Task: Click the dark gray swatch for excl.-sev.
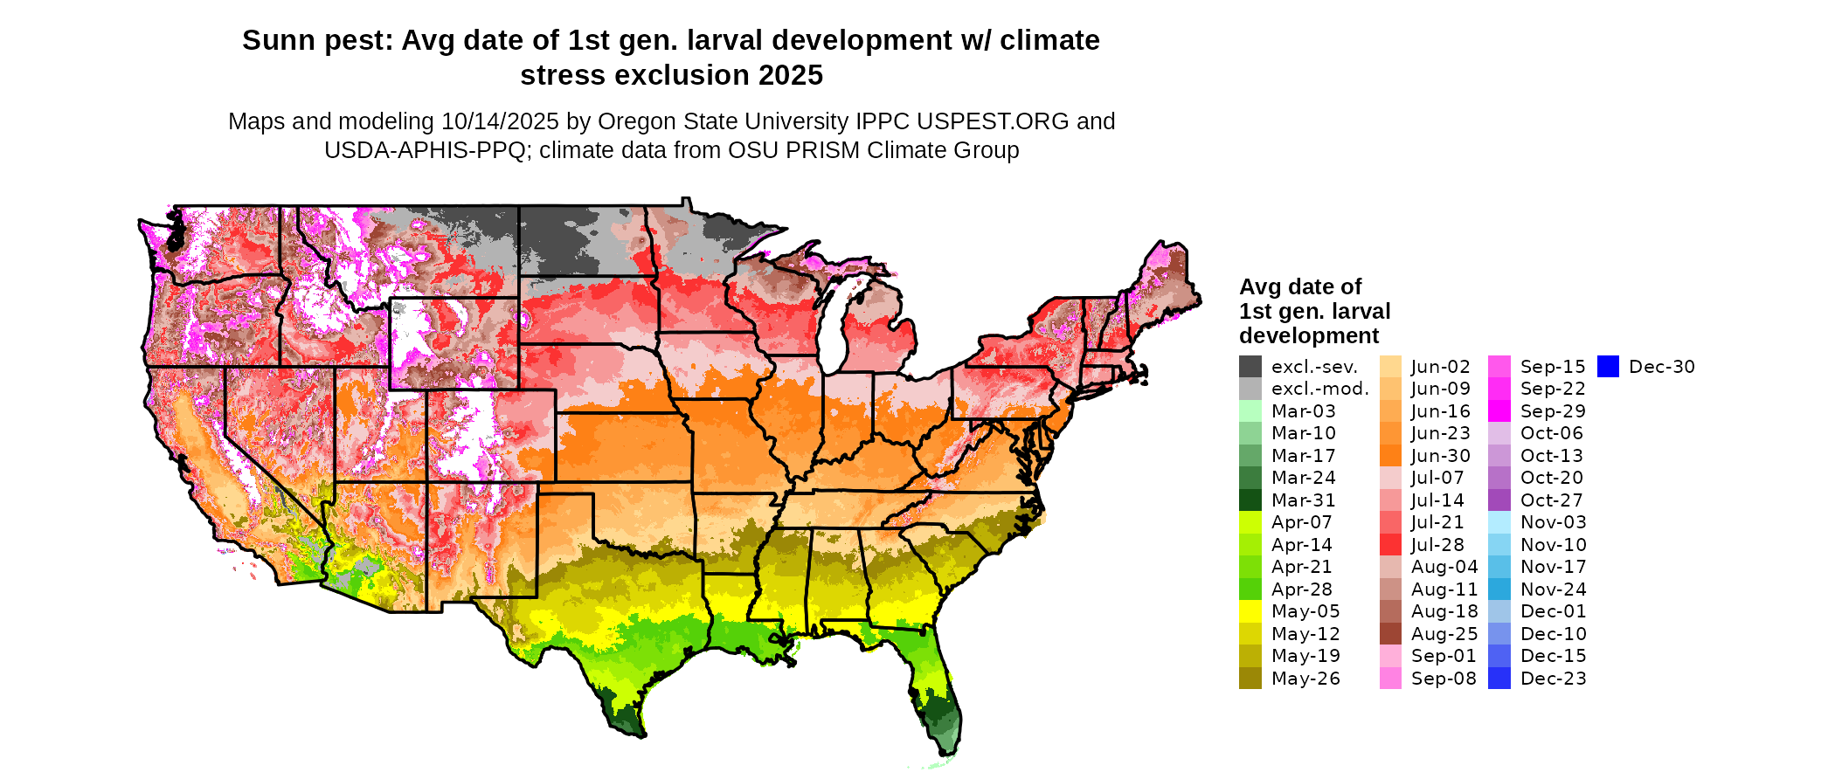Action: pyautogui.click(x=1250, y=367)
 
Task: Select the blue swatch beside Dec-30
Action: pyautogui.click(x=1608, y=367)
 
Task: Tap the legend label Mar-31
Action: pyautogui.click(x=1303, y=500)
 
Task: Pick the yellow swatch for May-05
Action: pyautogui.click(x=1250, y=611)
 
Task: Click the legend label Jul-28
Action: pyautogui.click(x=1437, y=545)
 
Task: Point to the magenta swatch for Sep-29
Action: pyautogui.click(x=1499, y=411)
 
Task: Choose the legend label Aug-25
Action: pyautogui.click(x=1444, y=634)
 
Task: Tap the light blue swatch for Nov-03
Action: pyautogui.click(x=1499, y=522)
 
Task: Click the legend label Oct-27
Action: pyautogui.click(x=1551, y=500)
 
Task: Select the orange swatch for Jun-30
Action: pyautogui.click(x=1390, y=456)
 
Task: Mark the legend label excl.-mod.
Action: pyautogui.click(x=1319, y=389)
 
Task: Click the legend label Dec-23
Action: pyautogui.click(x=1553, y=679)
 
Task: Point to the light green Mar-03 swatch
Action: pyautogui.click(x=1250, y=411)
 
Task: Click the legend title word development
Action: pyautogui.click(x=1309, y=336)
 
